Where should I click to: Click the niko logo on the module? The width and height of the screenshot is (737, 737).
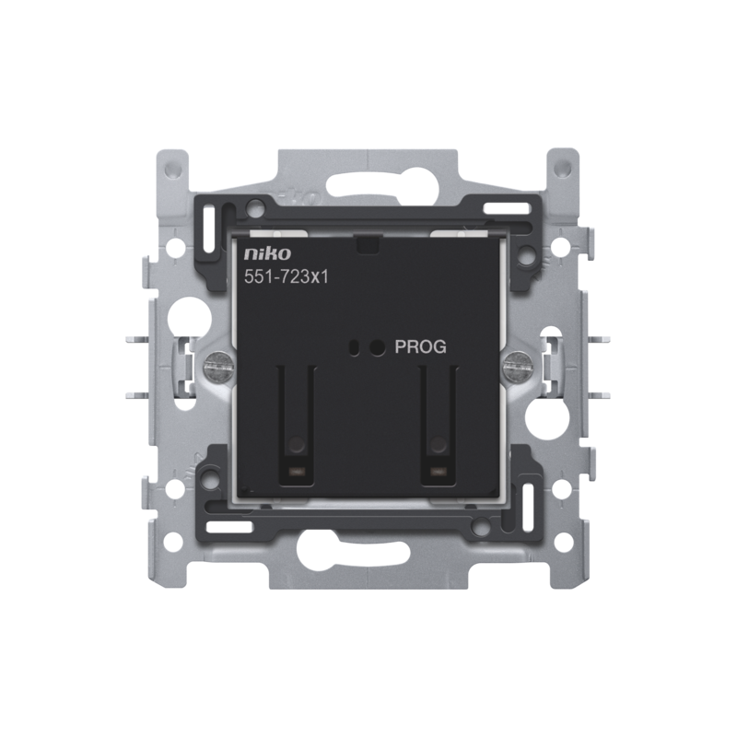267,254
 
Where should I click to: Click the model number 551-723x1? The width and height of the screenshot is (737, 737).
287,277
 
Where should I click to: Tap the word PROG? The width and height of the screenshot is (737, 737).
420,347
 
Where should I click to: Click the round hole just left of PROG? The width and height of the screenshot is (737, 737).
376,347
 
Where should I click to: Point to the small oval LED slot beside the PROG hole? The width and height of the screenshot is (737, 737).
355,347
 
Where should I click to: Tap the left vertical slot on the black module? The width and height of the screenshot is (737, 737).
296,426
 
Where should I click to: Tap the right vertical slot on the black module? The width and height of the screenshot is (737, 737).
439,426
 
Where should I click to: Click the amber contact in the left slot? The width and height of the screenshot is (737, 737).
296,471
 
